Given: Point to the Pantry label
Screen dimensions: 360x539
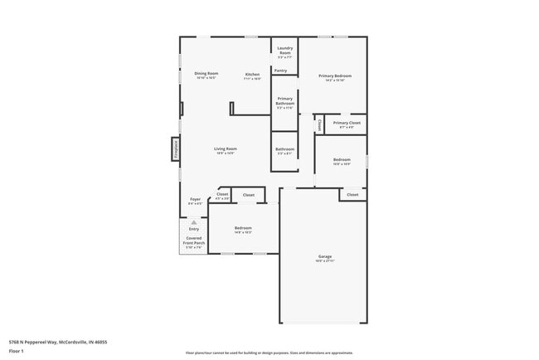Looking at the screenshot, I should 281,71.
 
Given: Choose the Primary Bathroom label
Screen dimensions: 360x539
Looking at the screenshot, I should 284,102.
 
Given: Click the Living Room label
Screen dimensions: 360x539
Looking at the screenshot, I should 226,150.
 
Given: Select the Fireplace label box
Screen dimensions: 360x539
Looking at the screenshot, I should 176,149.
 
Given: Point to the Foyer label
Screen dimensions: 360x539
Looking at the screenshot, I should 195,201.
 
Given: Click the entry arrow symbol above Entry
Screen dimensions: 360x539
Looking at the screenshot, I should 193,222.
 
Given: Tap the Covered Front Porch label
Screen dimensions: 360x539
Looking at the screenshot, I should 193,242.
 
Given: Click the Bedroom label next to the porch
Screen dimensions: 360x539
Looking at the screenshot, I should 243,230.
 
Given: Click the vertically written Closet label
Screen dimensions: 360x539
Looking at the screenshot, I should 319,124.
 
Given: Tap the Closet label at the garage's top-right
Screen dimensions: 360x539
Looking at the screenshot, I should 352,195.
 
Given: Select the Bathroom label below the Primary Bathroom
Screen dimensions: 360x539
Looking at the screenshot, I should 284,151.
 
